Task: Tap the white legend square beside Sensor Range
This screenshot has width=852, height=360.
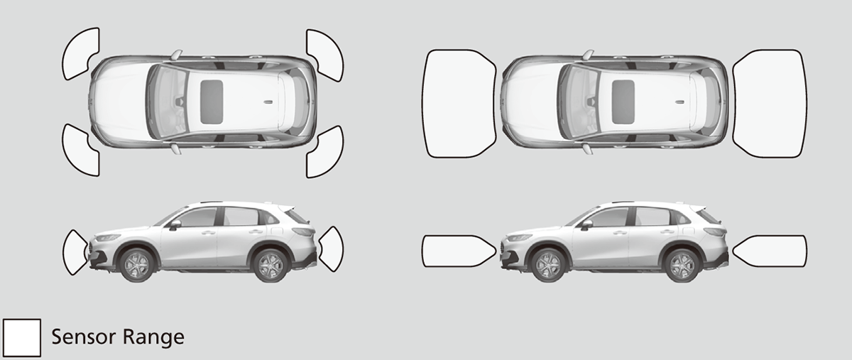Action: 22,337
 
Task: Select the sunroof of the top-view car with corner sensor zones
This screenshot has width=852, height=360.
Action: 212,99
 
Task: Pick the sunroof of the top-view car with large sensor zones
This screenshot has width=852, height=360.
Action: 623,99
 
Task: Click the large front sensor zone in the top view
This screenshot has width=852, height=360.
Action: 458,103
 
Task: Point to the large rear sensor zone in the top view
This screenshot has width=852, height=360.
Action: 770,103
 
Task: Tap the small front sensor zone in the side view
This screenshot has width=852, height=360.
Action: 75,252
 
